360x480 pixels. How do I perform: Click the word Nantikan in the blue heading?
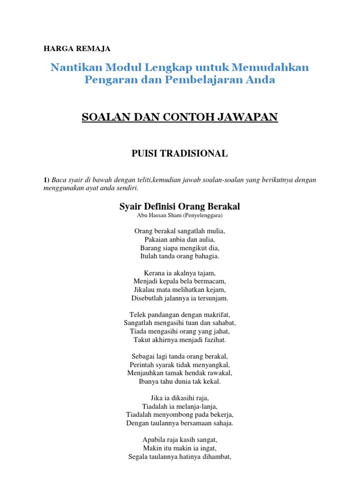pyautogui.click(x=77, y=67)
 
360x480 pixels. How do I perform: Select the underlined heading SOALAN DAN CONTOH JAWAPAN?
pyautogui.click(x=180, y=117)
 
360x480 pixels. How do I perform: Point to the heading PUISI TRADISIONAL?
pyautogui.click(x=180, y=153)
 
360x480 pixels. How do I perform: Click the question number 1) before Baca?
pyautogui.click(x=46, y=180)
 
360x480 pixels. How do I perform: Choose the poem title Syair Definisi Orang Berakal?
pyautogui.click(x=180, y=206)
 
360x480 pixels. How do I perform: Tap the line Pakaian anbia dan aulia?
pyautogui.click(x=180, y=240)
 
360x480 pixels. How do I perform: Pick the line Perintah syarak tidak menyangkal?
pyautogui.click(x=180, y=365)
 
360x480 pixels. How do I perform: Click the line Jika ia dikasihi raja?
pyautogui.click(x=180, y=398)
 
